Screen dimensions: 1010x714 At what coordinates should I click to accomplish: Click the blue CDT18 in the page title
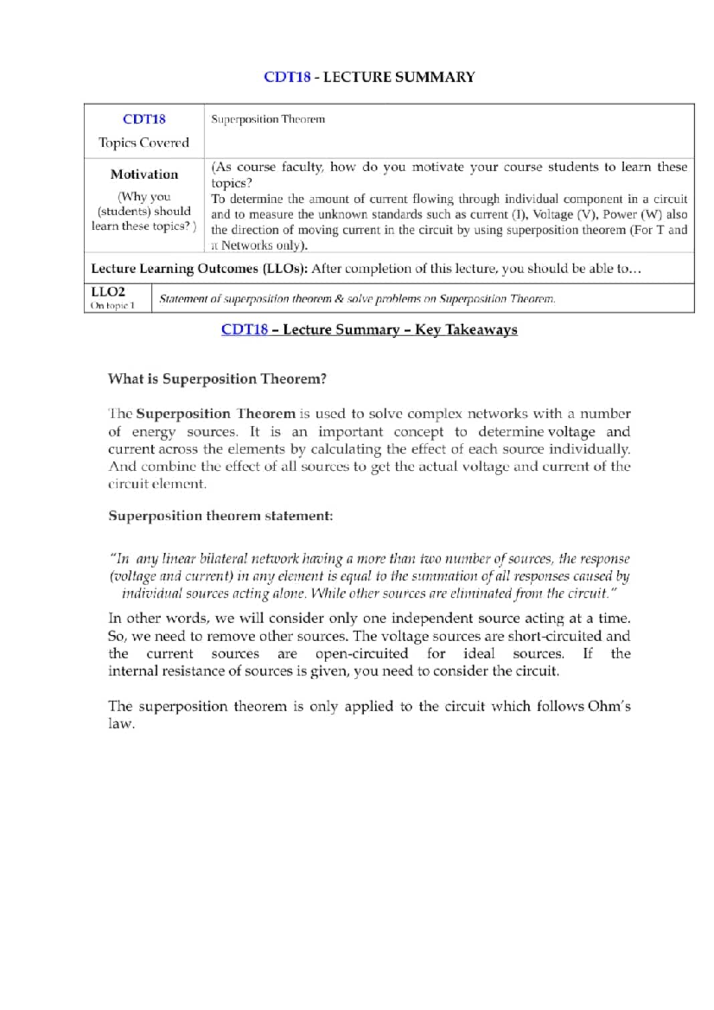287,77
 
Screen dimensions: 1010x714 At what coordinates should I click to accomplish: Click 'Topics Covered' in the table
143,143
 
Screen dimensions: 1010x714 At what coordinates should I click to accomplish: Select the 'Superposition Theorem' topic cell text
268,119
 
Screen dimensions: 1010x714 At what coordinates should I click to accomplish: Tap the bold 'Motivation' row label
144,174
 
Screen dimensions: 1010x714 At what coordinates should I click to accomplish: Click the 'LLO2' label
108,291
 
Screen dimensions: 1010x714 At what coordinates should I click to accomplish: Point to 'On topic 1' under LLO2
112,306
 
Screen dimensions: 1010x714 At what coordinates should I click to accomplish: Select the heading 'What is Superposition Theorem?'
217,379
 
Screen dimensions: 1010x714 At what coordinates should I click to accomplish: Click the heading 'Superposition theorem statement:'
220,516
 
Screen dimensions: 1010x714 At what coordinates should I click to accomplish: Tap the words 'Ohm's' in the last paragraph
609,706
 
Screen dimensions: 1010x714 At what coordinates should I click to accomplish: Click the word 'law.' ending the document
121,724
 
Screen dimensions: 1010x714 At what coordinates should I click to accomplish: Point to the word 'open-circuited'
362,654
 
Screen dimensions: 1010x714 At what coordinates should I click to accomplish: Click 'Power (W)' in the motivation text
632,215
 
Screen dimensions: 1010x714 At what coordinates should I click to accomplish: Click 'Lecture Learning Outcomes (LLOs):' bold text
199,269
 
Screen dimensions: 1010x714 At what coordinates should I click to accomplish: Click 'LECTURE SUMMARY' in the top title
399,77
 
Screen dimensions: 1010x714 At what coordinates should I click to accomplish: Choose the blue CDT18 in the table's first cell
144,119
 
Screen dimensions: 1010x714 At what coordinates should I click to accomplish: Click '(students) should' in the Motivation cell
144,211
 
